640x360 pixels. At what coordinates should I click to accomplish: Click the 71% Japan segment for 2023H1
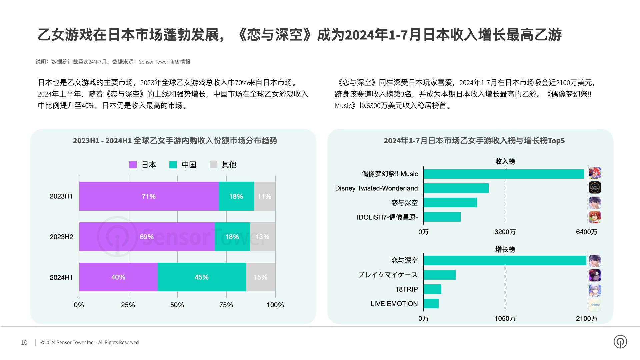pyautogui.click(x=149, y=196)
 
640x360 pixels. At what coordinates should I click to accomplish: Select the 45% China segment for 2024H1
pyautogui.click(x=202, y=277)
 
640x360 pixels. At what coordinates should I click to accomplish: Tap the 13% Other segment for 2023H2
pyautogui.click(x=263, y=237)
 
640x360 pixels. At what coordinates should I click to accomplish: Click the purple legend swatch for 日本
pyautogui.click(x=133, y=165)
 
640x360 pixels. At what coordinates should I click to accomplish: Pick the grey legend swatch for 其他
pyautogui.click(x=213, y=165)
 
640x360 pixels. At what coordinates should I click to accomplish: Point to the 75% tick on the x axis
pyautogui.click(x=226, y=305)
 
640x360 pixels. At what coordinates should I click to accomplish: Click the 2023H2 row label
pyautogui.click(x=61, y=237)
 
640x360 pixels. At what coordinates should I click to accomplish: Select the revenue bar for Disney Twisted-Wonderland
pyautogui.click(x=456, y=188)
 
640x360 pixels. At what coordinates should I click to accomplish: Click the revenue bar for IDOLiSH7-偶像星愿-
pyautogui.click(x=442, y=217)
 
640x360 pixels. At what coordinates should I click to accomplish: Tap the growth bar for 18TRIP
pyautogui.click(x=432, y=289)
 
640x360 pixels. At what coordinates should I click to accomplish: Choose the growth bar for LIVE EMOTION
pyautogui.click(x=431, y=304)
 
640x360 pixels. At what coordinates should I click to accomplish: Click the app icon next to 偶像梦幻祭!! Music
pyautogui.click(x=595, y=173)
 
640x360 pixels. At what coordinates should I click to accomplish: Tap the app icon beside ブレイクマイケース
pyautogui.click(x=595, y=275)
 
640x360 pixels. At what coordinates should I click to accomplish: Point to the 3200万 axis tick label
pyautogui.click(x=505, y=232)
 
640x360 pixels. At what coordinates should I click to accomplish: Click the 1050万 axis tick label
pyautogui.click(x=505, y=318)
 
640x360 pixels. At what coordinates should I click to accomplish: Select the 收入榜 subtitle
pyautogui.click(x=505, y=162)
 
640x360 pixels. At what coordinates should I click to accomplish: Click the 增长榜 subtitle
pyautogui.click(x=505, y=249)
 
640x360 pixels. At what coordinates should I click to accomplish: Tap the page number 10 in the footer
pyautogui.click(x=24, y=342)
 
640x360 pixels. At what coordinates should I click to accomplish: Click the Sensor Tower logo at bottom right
pyautogui.click(x=620, y=342)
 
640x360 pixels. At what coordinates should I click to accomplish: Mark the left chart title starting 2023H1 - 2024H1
pyautogui.click(x=175, y=141)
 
